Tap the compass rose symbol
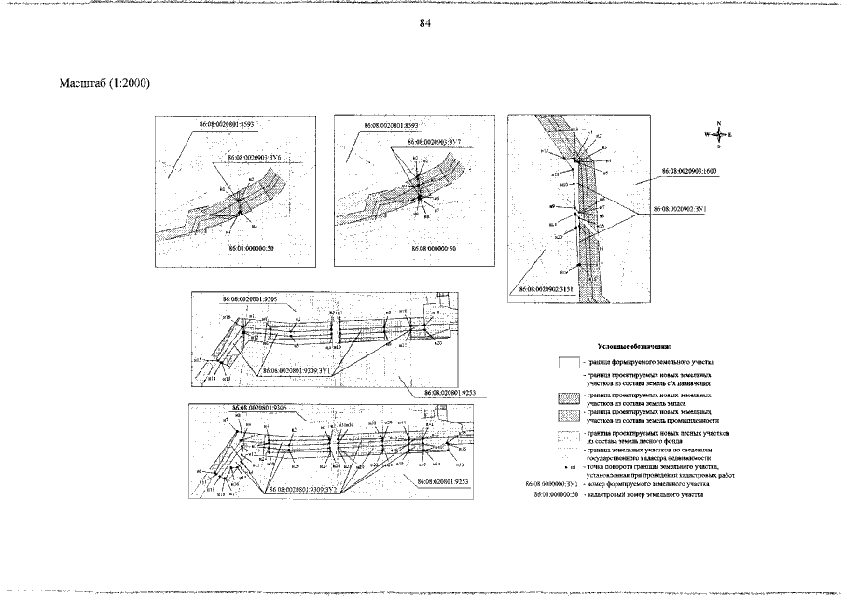coord(718,135)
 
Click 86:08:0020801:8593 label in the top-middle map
coord(391,124)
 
